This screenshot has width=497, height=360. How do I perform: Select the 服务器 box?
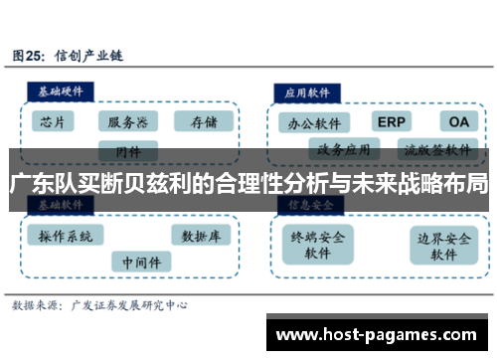click(x=128, y=122)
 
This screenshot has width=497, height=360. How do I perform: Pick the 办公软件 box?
click(x=315, y=124)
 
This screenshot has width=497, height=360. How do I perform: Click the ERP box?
click(x=390, y=121)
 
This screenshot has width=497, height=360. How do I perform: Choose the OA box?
click(x=457, y=121)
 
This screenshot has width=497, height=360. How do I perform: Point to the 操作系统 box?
click(x=66, y=236)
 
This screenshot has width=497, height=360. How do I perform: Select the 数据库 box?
click(x=201, y=236)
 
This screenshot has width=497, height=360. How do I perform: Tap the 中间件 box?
click(x=140, y=262)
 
